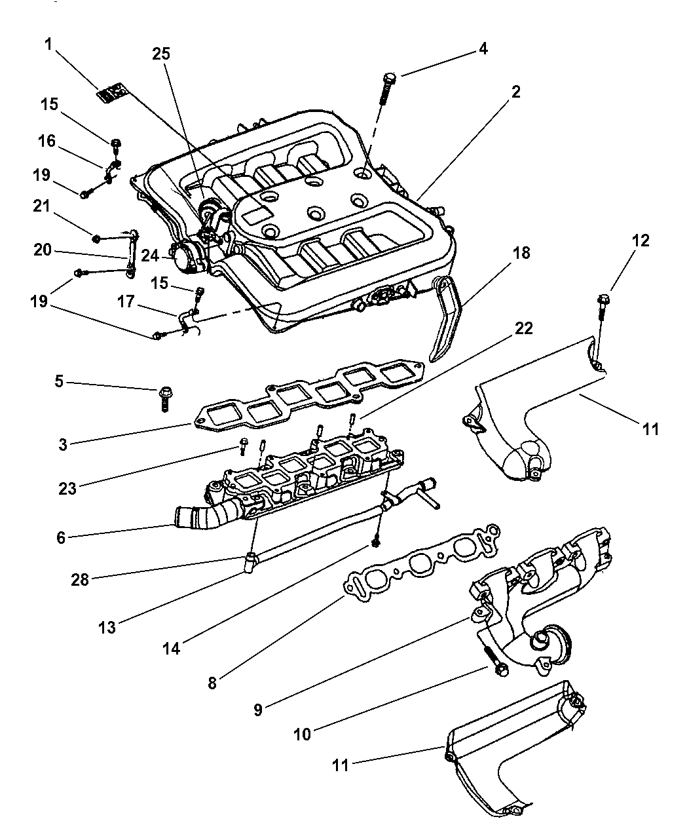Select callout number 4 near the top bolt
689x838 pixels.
(483, 48)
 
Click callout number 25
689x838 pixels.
(161, 54)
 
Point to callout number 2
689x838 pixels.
(516, 92)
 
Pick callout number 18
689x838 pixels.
(523, 252)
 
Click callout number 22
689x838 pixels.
(523, 328)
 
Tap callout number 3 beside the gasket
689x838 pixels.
(63, 444)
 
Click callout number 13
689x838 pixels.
(107, 627)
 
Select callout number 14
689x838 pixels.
(172, 649)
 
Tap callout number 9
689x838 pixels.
(258, 709)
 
